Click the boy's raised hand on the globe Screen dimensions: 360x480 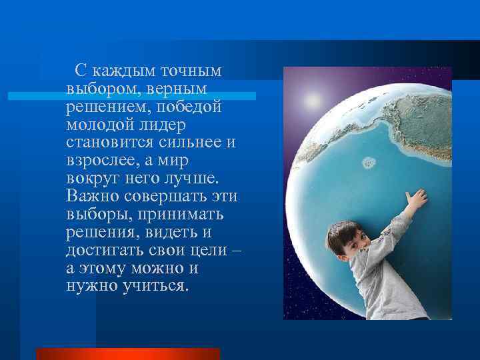(417, 199)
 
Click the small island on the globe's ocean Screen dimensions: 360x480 (368, 162)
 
